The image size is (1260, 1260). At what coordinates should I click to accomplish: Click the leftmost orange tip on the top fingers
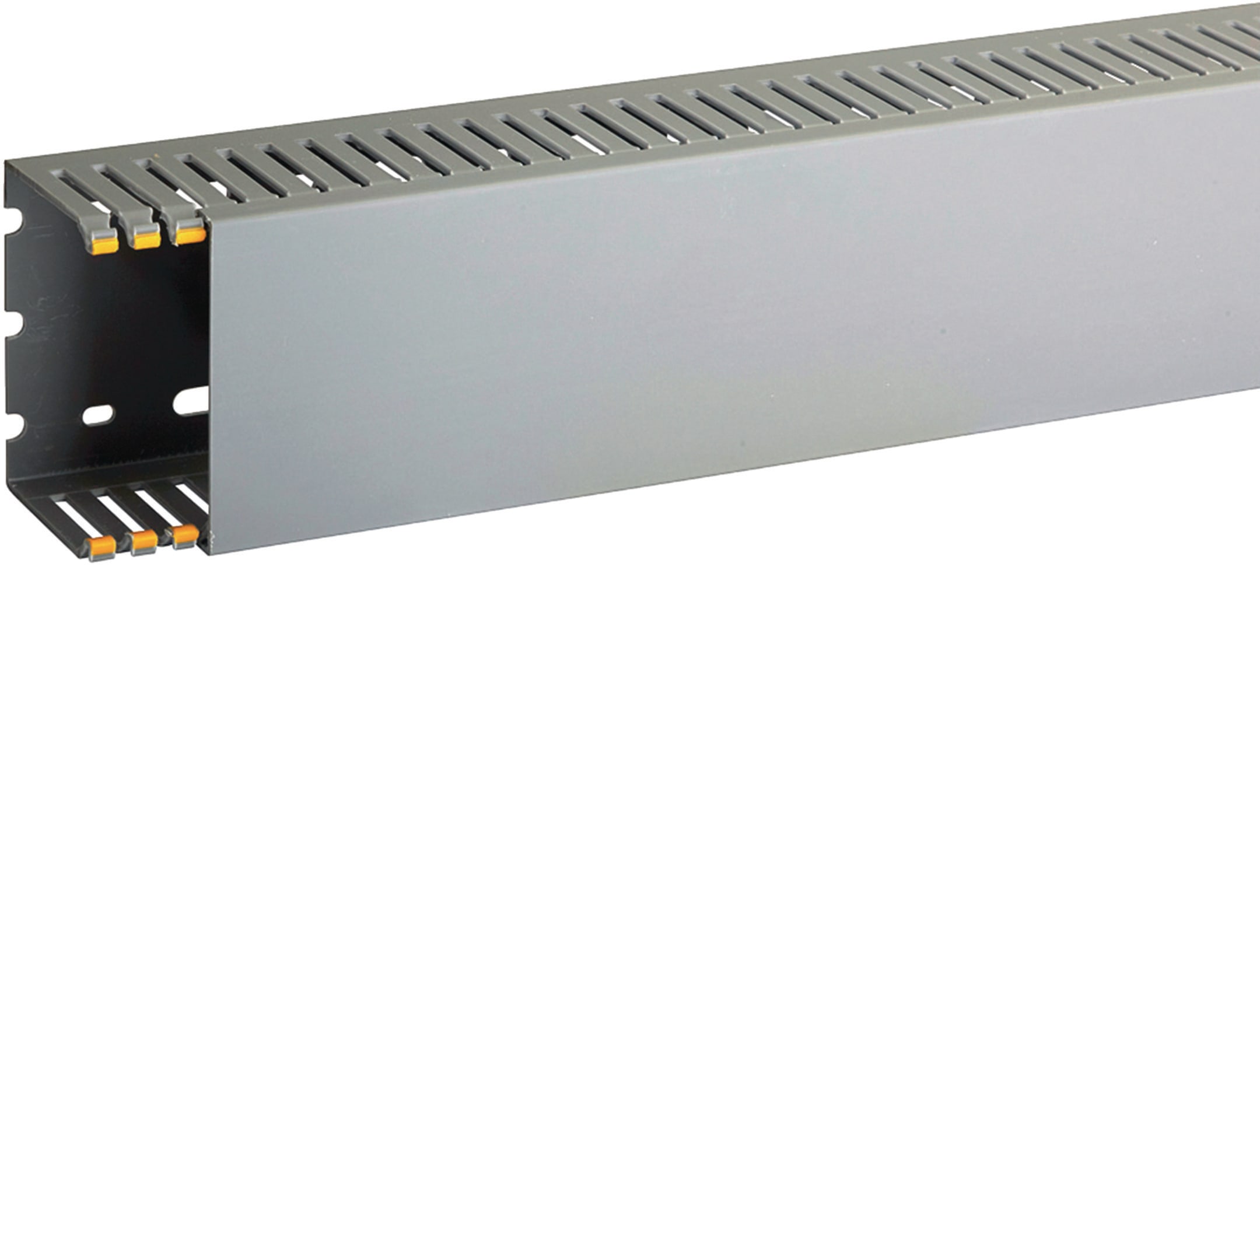(104, 245)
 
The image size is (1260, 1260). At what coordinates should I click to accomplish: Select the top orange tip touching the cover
(190, 235)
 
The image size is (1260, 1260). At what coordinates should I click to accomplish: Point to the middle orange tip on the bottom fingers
(144, 541)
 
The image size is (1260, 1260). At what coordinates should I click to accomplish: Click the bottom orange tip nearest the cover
(185, 535)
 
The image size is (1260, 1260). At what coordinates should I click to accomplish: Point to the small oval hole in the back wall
(98, 415)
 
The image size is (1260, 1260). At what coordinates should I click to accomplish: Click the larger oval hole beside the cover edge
(192, 400)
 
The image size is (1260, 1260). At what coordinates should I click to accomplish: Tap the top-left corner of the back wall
(6, 164)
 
